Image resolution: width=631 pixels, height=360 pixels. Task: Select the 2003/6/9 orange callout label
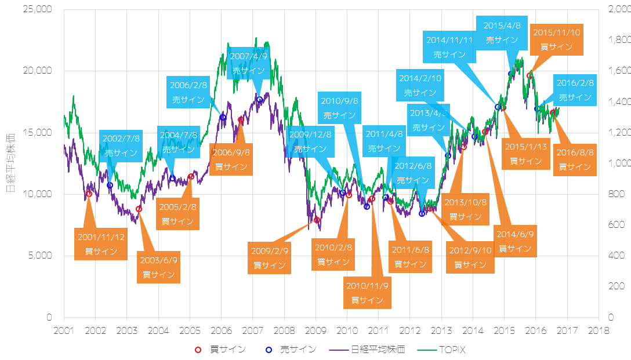tap(158, 267)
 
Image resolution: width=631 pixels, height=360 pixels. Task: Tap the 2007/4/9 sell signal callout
tap(249, 63)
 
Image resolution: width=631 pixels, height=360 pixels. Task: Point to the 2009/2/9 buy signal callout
tap(270, 258)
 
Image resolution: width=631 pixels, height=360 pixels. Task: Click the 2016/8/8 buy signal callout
tap(575, 159)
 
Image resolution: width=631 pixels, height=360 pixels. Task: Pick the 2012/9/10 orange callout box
tap(470, 257)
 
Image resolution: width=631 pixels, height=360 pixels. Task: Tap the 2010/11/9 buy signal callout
tap(367, 293)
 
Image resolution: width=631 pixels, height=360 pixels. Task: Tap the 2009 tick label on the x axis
tap(315, 330)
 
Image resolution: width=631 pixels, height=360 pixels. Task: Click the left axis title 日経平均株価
tap(10, 162)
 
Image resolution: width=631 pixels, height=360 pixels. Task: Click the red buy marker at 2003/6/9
tap(139, 209)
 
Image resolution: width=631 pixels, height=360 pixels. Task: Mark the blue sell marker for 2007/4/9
tap(259, 100)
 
